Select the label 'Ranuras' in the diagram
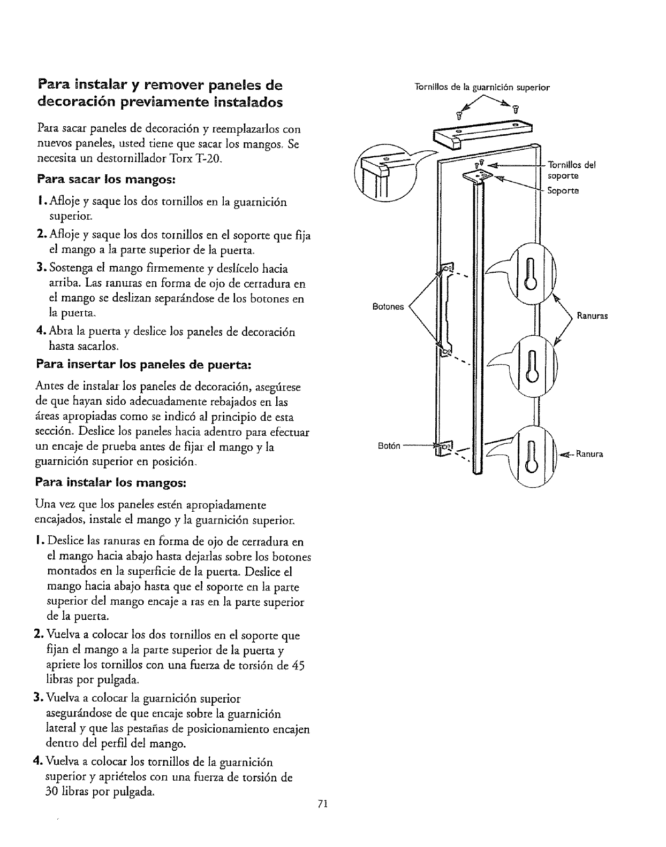(592, 316)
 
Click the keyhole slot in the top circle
(531, 274)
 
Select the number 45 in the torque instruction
(297, 666)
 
